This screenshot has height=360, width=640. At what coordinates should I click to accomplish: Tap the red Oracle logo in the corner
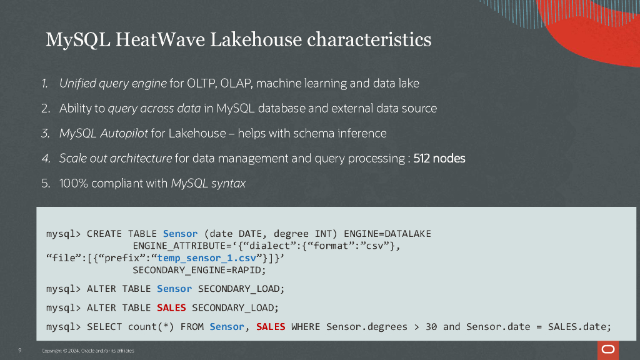(607, 349)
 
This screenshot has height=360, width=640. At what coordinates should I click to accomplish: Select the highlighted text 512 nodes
(439, 158)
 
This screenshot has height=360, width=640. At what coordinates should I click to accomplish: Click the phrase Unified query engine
(113, 83)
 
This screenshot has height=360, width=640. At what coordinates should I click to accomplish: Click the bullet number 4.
(46, 158)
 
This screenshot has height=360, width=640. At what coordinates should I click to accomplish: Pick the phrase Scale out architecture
(116, 158)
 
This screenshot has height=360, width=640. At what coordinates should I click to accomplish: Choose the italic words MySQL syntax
(208, 183)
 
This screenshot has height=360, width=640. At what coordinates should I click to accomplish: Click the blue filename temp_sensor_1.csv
(198, 257)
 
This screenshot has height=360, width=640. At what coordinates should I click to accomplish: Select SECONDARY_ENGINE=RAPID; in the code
(199, 270)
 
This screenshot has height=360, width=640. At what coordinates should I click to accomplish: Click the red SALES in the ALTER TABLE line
(171, 307)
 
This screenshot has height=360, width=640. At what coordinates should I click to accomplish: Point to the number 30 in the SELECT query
(431, 326)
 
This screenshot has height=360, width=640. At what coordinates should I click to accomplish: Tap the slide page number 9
(20, 350)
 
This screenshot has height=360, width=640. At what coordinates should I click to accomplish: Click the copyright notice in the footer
(87, 351)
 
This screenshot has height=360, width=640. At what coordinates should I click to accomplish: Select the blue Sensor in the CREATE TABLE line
(180, 234)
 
